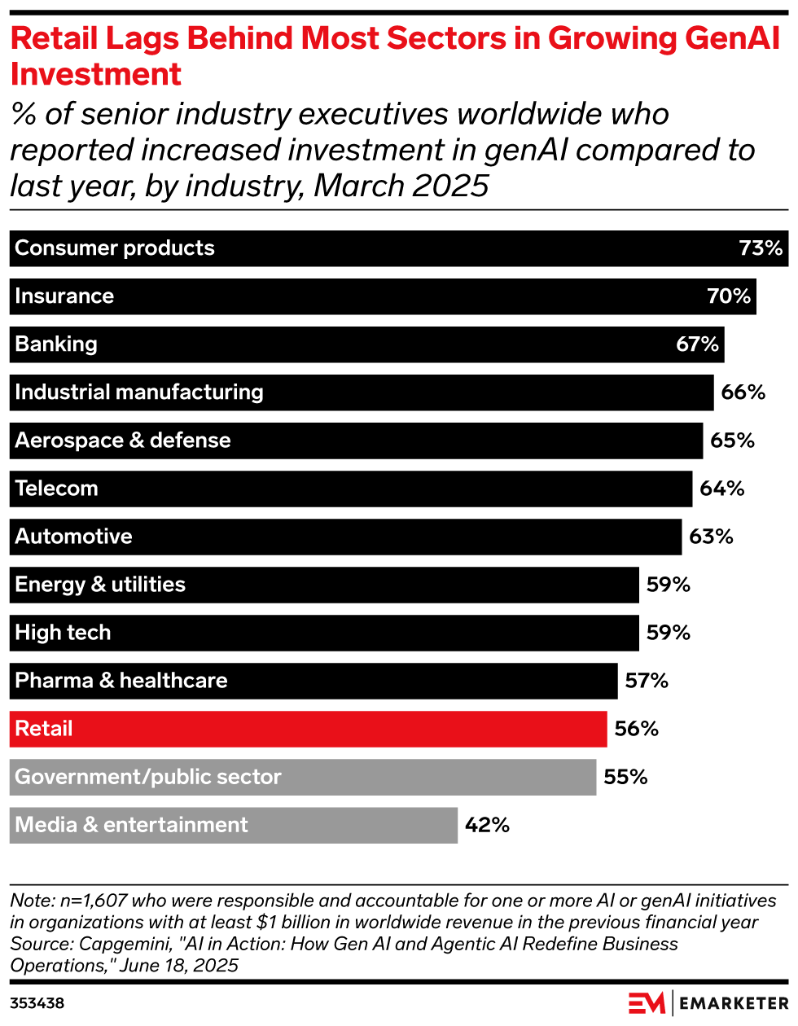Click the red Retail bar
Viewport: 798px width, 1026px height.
(308, 729)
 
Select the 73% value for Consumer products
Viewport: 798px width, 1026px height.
(761, 248)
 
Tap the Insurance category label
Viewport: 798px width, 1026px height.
(64, 296)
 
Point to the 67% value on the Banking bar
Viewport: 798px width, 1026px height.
(697, 344)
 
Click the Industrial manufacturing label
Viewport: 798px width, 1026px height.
(139, 392)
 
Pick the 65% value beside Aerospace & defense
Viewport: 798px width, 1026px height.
(732, 441)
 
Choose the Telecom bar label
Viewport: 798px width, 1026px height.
(56, 489)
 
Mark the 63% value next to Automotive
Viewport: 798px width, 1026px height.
(711, 537)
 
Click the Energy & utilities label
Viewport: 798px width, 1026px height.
(100, 585)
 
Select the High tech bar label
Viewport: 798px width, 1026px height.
(63, 633)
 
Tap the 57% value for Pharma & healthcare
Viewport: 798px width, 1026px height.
(647, 681)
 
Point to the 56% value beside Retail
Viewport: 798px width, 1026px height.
(636, 729)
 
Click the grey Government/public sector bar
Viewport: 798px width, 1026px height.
(303, 777)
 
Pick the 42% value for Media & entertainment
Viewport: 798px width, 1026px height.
(487, 825)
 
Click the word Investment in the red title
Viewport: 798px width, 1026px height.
(96, 74)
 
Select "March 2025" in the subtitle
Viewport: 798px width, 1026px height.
(401, 186)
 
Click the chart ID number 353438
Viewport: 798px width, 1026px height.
(37, 1003)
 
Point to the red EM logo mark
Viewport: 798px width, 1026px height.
(647, 1003)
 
